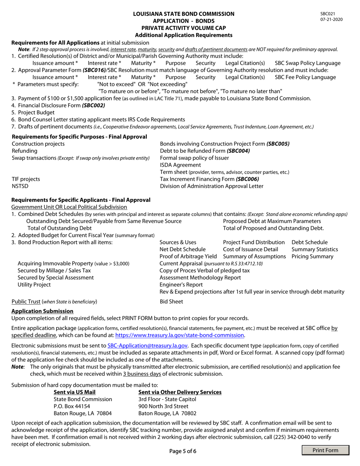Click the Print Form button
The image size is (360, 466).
pos(325,450)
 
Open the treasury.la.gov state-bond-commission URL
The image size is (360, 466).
pos(180,335)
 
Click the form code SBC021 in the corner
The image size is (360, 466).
pos(327,14)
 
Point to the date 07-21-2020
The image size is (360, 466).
pos(332,19)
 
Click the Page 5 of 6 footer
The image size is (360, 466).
pos(183,451)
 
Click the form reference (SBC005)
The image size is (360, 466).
pos(278,144)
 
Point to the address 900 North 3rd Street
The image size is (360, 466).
pos(163,406)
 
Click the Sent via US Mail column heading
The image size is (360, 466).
pos(75,392)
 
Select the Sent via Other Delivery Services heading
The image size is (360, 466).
pos(180,392)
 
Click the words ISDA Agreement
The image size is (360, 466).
pos(180,165)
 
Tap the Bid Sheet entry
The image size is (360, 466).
pos(171,302)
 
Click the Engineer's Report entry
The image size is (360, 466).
pos(181,285)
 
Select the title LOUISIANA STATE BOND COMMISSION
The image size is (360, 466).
pos(184,14)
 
